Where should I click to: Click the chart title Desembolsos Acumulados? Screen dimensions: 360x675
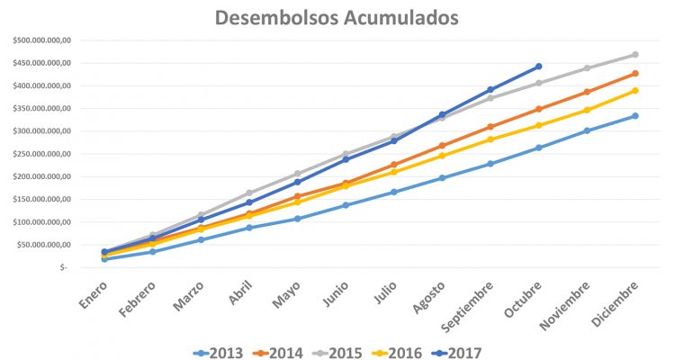[337, 18]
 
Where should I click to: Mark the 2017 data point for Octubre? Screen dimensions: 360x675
[538, 67]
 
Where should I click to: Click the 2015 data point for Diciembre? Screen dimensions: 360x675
[635, 55]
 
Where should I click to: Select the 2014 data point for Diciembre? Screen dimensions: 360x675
[635, 74]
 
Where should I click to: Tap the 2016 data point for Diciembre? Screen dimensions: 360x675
[635, 91]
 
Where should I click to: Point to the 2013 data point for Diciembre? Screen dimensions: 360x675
[635, 116]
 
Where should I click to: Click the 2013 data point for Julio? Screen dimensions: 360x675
[393, 192]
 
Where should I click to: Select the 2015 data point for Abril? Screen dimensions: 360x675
[248, 193]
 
